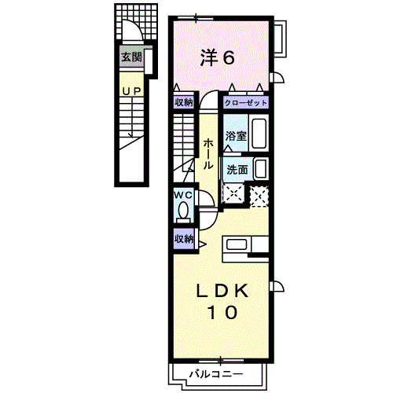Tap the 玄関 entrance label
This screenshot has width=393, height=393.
[130, 57]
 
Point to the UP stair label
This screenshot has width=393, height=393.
[130, 92]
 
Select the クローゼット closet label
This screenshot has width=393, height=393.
[246, 103]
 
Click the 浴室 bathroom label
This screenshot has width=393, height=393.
[235, 136]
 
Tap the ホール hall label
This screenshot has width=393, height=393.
[208, 154]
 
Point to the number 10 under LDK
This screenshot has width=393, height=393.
[222, 312]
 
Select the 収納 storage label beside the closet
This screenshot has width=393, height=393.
[184, 103]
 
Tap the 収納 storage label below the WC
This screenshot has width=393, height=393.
[184, 239]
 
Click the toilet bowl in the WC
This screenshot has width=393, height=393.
[183, 211]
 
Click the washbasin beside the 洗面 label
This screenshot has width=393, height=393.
[261, 169]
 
